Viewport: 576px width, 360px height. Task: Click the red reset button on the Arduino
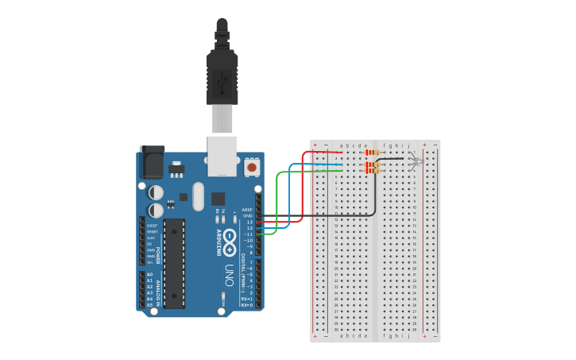[252, 167]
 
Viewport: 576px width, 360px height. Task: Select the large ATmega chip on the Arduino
[175, 263]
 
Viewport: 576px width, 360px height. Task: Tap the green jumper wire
[276, 199]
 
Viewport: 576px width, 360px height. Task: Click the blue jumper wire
[290, 191]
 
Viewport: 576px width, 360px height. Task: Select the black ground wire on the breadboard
[374, 195]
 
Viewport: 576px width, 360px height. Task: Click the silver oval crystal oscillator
[198, 195]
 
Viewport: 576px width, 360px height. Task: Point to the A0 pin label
[149, 274]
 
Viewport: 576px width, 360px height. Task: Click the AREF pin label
[247, 210]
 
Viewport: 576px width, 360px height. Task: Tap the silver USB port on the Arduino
[222, 154]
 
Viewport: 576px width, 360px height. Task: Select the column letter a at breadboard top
[342, 145]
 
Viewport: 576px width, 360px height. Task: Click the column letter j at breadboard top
[409, 145]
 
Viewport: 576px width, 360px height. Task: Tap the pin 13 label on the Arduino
[249, 223]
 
